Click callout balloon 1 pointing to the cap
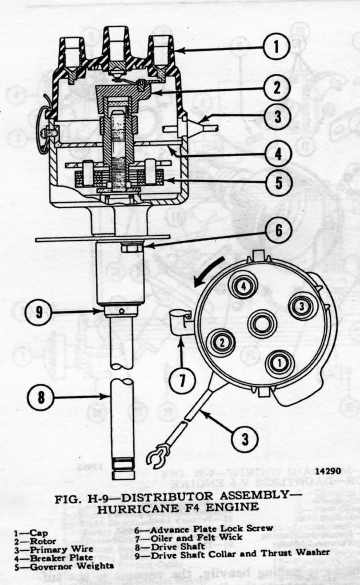click(x=277, y=48)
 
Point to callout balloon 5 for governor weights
click(x=277, y=184)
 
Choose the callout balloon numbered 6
click(x=277, y=230)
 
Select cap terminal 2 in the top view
click(x=219, y=342)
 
